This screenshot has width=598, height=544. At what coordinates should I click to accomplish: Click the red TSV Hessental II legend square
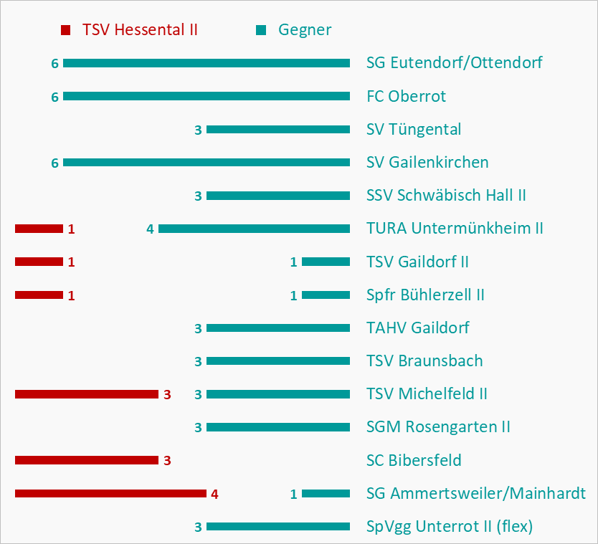66,30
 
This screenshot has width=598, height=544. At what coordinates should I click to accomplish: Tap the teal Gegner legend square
261,30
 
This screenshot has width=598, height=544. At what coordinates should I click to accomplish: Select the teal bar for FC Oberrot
207,96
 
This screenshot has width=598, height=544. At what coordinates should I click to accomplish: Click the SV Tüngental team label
414,130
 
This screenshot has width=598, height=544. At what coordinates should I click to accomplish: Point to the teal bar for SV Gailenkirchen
207,163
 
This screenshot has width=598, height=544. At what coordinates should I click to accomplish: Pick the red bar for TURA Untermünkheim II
39,229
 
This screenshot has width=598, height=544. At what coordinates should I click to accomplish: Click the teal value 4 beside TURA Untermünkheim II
150,229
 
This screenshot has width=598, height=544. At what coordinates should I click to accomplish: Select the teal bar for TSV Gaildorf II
326,262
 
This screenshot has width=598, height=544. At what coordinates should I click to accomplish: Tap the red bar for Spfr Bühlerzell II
39,295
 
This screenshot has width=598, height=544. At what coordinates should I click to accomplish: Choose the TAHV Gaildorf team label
418,328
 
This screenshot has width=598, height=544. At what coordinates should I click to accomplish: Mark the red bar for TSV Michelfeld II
86,394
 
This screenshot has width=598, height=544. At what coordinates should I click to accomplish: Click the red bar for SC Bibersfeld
86,460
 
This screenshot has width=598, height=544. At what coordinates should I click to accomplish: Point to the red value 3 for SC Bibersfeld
167,461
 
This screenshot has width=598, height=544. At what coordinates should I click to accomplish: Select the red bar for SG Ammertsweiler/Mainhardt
110,493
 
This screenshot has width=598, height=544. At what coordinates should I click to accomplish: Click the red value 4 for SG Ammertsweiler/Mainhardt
214,494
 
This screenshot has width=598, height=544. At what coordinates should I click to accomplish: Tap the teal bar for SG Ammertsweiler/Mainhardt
326,493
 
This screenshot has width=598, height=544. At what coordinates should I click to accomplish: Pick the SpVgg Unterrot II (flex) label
450,527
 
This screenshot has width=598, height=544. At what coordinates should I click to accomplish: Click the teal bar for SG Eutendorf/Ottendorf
207,63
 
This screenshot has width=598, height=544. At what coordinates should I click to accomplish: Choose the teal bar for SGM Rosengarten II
278,427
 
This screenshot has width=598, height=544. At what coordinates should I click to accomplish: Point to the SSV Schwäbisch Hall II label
447,196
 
